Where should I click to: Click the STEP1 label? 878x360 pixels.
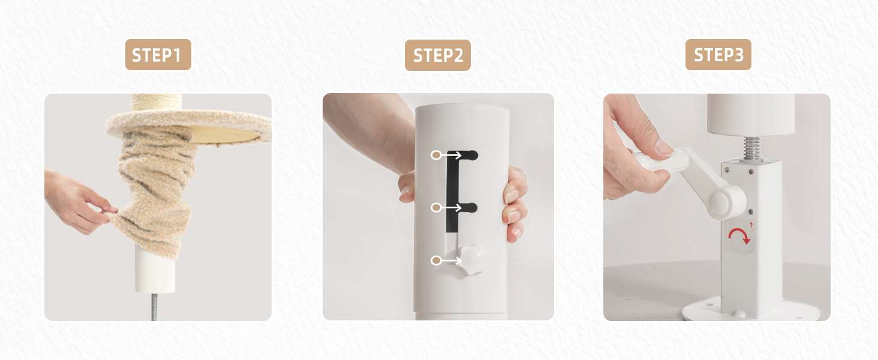158,55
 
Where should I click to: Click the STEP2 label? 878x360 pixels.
437,55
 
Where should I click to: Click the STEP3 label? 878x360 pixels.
718,55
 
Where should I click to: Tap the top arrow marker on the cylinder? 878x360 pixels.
446,155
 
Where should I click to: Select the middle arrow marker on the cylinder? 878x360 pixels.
446,208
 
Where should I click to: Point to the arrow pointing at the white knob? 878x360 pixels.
446,260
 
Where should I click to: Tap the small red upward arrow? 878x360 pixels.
751,225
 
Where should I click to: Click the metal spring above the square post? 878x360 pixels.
751,148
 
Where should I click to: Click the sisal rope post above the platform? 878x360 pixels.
157,103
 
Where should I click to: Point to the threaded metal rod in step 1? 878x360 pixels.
154,307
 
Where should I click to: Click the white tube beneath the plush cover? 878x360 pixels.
155,271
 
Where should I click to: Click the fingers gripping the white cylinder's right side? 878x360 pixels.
515,204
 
